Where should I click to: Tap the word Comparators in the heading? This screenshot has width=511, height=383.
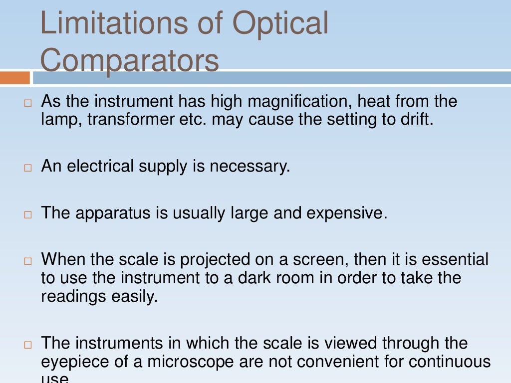coord(129,60)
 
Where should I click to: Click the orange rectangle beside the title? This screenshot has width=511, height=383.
coord(15,78)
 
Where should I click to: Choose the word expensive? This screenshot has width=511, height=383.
coord(346,213)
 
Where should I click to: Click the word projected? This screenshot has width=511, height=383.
coord(216,259)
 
